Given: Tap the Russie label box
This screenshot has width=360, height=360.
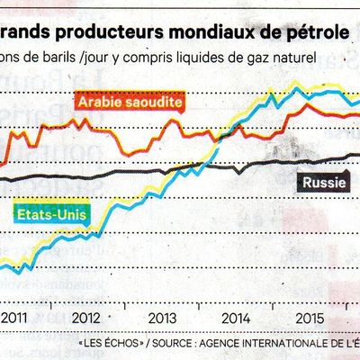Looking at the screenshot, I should [x=320, y=185].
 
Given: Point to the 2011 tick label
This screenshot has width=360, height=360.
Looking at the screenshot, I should [x=13, y=318].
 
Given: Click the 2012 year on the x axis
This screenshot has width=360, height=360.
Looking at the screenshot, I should [x=85, y=318].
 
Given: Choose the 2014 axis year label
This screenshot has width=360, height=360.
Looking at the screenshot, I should [x=236, y=318].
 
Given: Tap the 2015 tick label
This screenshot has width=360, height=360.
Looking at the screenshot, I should [x=310, y=318].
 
